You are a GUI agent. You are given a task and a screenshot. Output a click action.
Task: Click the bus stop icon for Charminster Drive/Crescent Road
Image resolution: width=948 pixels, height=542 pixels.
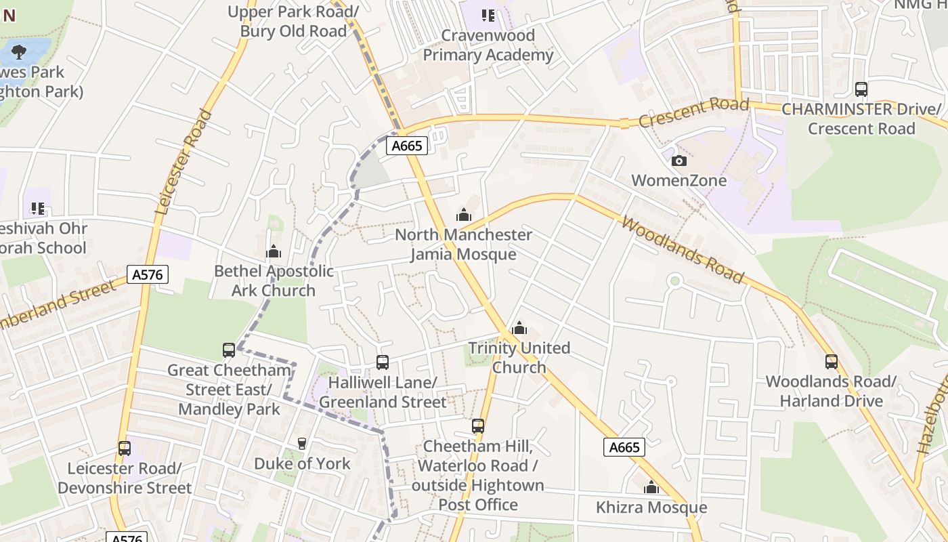point(861,89)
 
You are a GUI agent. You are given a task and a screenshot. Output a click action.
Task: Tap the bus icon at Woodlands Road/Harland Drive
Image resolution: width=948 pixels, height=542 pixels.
point(831,362)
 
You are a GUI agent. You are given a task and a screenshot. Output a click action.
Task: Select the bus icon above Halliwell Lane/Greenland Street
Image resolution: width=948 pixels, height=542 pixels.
point(383,362)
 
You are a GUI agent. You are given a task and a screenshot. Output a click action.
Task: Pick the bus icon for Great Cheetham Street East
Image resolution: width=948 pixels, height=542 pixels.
point(229,350)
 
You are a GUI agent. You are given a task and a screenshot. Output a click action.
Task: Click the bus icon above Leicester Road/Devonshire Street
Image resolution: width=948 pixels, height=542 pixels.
point(125,448)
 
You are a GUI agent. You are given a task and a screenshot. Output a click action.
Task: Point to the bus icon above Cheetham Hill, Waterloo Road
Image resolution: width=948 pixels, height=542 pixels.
point(478,426)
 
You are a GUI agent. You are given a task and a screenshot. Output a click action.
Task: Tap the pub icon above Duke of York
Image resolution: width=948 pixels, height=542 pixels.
point(302,444)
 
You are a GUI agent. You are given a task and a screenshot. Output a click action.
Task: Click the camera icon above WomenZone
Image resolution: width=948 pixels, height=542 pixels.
point(678,161)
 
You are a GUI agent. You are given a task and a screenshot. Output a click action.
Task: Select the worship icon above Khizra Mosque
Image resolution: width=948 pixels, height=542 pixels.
point(651,487)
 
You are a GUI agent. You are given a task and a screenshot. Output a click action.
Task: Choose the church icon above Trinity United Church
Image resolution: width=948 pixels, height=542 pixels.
point(519,329)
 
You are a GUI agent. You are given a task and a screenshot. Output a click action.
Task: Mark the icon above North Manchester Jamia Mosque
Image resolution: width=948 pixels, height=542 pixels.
point(464,215)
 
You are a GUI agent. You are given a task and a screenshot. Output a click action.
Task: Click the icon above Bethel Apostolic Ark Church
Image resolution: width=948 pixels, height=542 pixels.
point(274,251)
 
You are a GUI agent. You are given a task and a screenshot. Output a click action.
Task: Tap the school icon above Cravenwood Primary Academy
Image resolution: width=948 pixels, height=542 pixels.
point(488,15)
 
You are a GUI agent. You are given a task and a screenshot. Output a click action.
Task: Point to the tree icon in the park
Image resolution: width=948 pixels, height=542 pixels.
point(19,51)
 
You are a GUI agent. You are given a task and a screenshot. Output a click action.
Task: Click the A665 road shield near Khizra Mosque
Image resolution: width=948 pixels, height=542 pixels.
point(624,447)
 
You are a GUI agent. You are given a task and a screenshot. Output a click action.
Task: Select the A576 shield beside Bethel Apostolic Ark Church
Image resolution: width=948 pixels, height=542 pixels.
point(148,274)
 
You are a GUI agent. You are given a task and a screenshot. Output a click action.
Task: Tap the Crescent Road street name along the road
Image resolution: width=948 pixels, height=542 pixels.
point(693,112)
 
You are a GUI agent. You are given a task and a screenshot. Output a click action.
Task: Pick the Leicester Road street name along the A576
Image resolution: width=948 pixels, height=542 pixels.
point(184,162)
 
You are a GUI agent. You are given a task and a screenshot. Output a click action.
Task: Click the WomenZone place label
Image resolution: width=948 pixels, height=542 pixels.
point(678,180)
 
